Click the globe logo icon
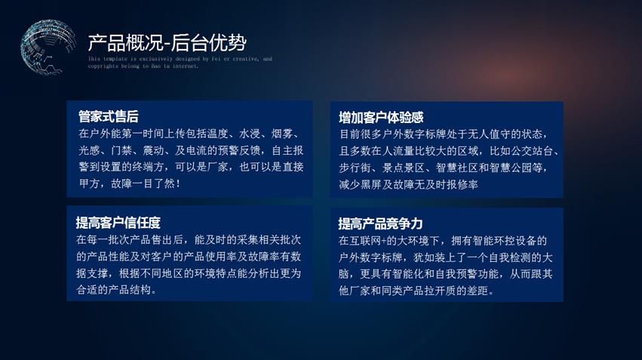coord(48,46)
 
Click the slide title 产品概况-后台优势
coord(167,42)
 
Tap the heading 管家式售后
coord(109,117)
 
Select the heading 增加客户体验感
coord(381,118)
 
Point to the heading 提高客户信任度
coord(118,223)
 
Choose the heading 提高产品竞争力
coord(380,223)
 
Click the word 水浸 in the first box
coord(250,134)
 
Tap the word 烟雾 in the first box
coord(282,134)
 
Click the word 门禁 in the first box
coord(121,151)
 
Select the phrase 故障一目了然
coord(143,184)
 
